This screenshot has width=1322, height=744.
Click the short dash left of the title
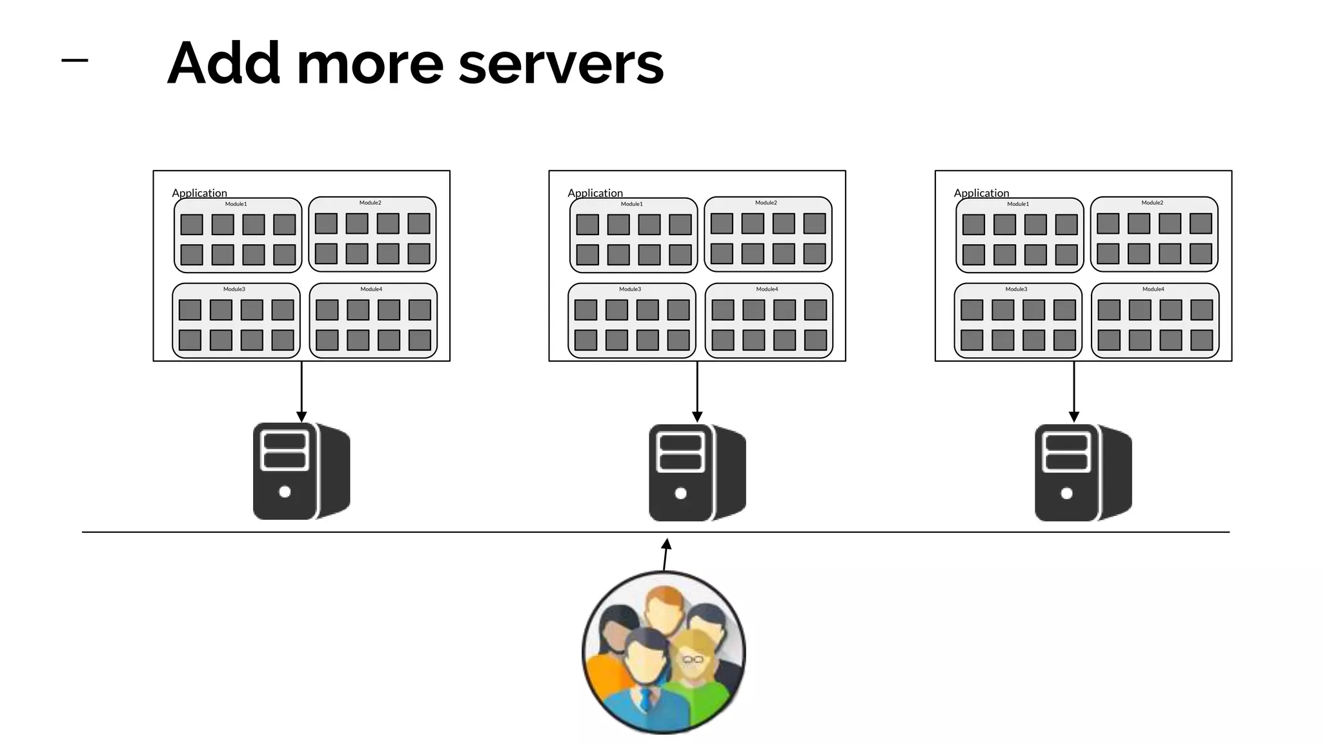click(74, 61)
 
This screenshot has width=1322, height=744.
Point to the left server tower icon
click(301, 471)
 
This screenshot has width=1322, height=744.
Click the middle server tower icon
click(697, 473)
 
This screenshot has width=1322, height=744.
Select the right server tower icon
click(1083, 473)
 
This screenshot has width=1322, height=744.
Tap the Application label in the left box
click(199, 192)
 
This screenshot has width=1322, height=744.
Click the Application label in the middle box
click(595, 192)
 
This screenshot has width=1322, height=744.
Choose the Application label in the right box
click(981, 192)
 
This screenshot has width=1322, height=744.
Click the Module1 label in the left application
click(236, 204)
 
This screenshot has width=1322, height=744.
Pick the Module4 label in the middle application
click(767, 289)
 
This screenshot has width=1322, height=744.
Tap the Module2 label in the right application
click(1152, 203)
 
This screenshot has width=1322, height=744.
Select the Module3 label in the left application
click(234, 289)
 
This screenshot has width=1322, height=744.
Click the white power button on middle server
click(680, 493)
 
